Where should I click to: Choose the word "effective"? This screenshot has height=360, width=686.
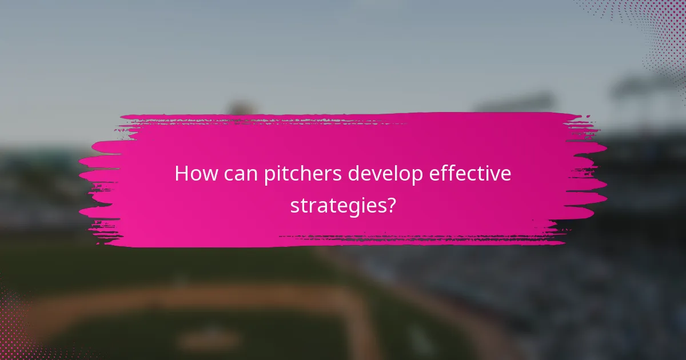pos(474,174)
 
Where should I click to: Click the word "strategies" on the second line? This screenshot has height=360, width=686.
pos(337,205)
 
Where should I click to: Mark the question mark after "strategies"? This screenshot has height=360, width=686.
pos(390,205)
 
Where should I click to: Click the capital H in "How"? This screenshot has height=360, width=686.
pos(181,174)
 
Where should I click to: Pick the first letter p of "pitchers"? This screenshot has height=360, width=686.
pos(269,176)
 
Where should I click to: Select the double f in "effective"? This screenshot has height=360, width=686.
pos(457,173)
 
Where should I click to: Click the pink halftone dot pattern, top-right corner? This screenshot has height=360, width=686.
pos(657,29)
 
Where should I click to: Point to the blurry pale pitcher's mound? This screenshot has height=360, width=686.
pos(209,338)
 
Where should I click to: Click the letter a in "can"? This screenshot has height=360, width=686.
pos(241,175)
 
